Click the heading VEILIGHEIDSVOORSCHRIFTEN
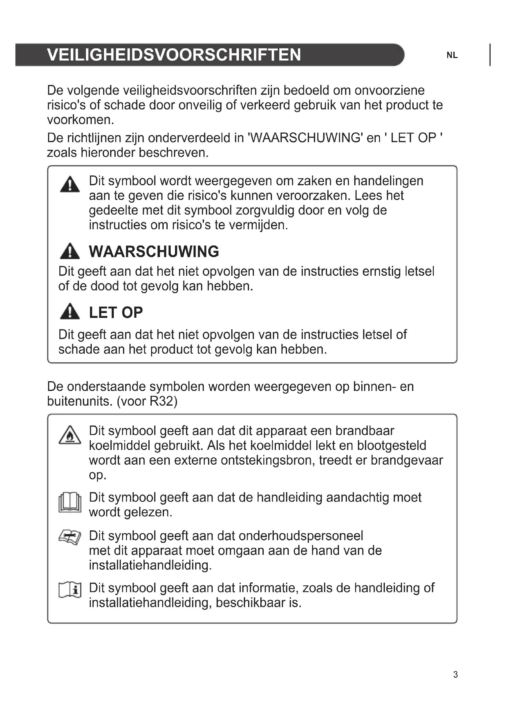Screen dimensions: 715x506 coord(174,55)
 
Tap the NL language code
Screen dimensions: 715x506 coord(452,55)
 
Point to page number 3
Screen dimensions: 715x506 coord(455,675)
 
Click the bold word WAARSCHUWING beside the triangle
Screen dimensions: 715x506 coord(154,252)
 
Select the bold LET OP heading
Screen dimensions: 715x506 coord(116,313)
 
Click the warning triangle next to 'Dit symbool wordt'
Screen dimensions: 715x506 coord(70,184)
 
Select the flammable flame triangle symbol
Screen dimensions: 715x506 coord(70,435)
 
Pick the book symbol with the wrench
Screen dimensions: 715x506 coord(70,538)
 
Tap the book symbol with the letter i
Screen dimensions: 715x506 coord(70,590)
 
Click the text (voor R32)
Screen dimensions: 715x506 coord(147,401)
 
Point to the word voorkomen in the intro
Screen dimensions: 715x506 coord(80,120)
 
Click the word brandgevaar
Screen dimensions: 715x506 coord(407,460)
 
